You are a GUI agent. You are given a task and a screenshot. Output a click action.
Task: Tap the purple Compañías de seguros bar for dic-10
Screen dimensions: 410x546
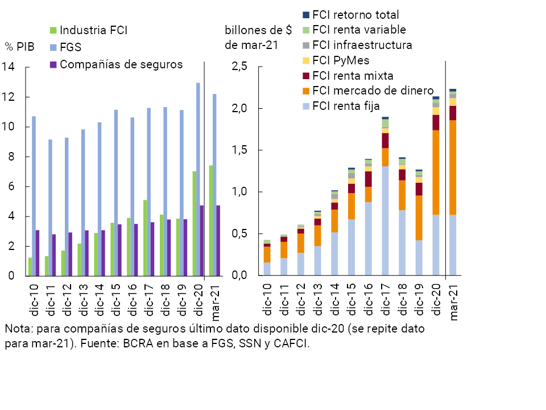pyautogui.click(x=38, y=253)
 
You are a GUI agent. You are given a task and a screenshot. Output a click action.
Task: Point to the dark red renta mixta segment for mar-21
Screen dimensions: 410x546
pyautogui.click(x=453, y=113)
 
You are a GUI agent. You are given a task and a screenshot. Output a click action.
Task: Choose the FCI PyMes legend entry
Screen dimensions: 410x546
pyautogui.click(x=341, y=60)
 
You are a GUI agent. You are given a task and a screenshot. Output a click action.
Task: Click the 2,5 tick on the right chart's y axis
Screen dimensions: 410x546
pyautogui.click(x=239, y=67)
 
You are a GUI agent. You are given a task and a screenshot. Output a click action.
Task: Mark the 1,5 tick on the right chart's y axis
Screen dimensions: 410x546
pyautogui.click(x=239, y=150)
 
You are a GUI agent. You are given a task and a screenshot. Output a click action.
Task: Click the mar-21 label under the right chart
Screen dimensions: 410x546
pyautogui.click(x=454, y=303)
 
